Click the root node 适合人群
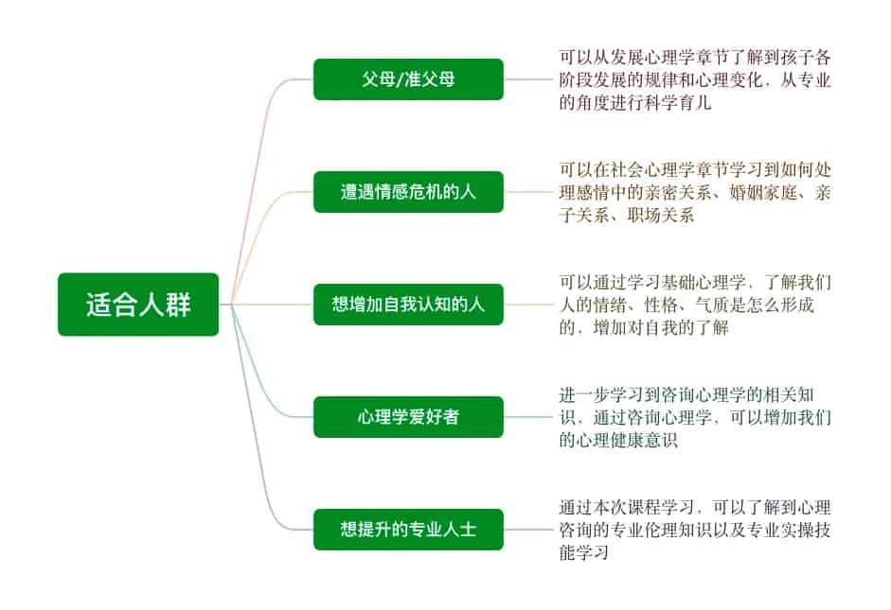(138, 305)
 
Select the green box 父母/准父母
(408, 79)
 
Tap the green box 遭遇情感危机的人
(408, 192)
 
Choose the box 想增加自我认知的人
(408, 305)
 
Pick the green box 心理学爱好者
(408, 417)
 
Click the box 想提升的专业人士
(408, 530)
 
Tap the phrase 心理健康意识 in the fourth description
(629, 442)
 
